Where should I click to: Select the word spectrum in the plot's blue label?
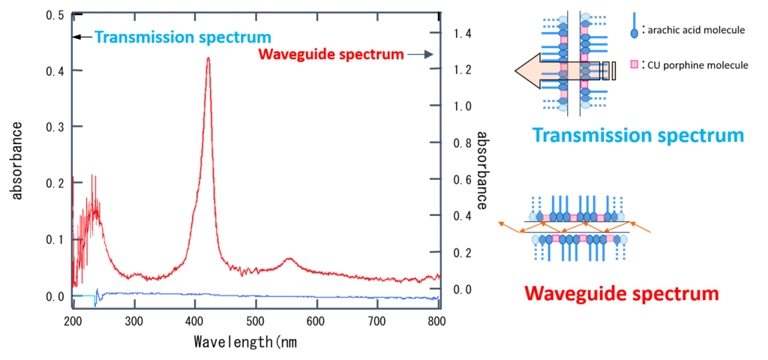coord(239,37)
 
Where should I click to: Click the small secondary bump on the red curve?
coord(290,259)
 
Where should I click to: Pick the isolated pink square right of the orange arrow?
coord(634,64)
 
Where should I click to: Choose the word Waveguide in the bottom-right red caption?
coord(576,293)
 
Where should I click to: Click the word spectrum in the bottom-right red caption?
coord(679,293)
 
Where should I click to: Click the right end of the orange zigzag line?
coord(649,232)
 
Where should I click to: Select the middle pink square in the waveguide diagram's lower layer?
coord(583,238)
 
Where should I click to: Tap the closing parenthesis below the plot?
coord(298,342)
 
